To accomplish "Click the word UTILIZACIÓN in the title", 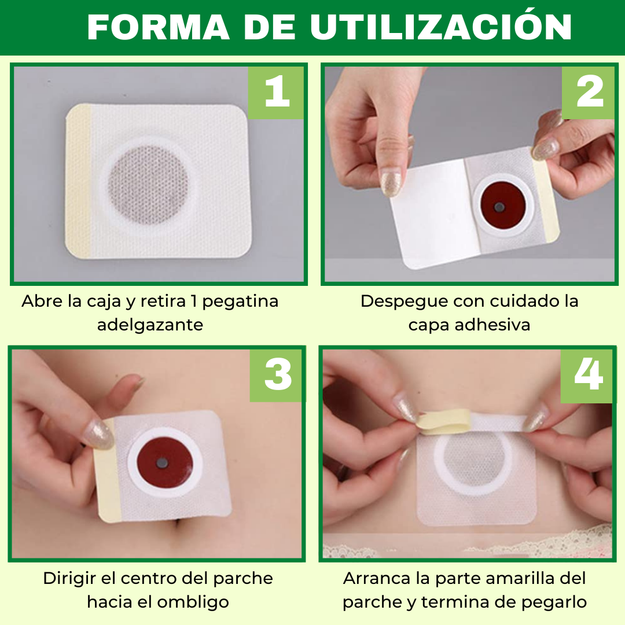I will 441,27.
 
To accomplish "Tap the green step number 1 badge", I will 277,93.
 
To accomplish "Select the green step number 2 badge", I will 589,93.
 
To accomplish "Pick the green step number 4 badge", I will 588,374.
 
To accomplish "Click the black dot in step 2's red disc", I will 499,206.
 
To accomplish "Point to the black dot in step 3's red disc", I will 163,463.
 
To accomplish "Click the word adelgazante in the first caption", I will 150,325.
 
